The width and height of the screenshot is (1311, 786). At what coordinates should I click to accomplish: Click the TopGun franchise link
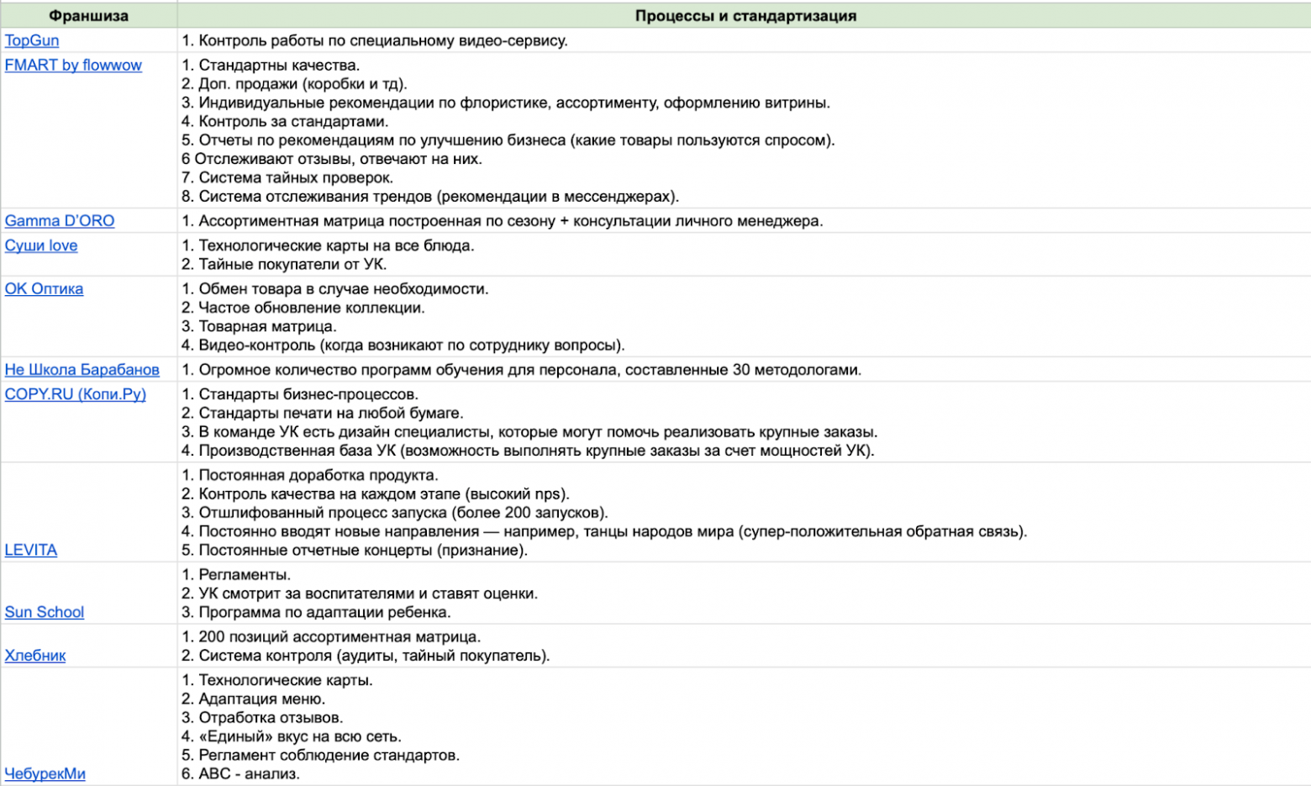pyautogui.click(x=32, y=40)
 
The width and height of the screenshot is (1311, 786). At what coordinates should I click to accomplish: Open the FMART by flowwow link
pyautogui.click(x=73, y=65)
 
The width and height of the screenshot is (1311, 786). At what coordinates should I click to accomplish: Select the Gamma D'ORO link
pyautogui.click(x=60, y=220)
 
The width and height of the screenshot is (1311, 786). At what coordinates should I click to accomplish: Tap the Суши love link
pyautogui.click(x=41, y=245)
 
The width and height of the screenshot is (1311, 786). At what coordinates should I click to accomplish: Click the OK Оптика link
pyautogui.click(x=44, y=288)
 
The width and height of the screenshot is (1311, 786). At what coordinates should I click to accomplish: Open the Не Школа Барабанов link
pyautogui.click(x=82, y=369)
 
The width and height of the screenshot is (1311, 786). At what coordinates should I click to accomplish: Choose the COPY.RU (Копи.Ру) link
pyautogui.click(x=75, y=393)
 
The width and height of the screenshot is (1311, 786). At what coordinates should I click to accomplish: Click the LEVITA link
pyautogui.click(x=31, y=550)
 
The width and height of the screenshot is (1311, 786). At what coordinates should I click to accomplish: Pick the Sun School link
pyautogui.click(x=45, y=612)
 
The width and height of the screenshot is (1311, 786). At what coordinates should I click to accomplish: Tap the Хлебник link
pyautogui.click(x=35, y=655)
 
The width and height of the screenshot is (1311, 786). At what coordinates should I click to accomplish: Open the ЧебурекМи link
pyautogui.click(x=45, y=773)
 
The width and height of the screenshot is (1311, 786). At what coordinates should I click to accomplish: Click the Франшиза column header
pyautogui.click(x=88, y=16)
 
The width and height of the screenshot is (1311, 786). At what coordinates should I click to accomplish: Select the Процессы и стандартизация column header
pyautogui.click(x=745, y=16)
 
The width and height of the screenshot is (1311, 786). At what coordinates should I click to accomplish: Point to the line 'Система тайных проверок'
pyautogui.click(x=287, y=177)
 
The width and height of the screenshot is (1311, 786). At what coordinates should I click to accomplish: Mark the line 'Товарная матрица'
pyautogui.click(x=259, y=326)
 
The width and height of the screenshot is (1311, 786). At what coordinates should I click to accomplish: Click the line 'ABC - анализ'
pyautogui.click(x=240, y=773)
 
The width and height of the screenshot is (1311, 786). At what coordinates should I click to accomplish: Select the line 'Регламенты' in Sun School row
pyautogui.click(x=236, y=575)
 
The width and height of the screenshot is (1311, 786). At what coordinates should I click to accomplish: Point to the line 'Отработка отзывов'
pyautogui.click(x=262, y=717)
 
